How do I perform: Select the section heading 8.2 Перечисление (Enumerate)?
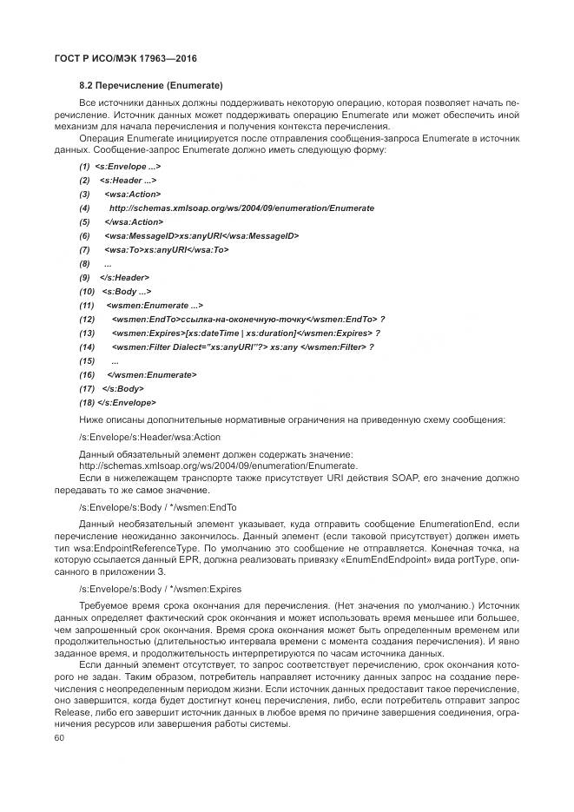pyautogui.click(x=152, y=85)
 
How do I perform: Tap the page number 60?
pyautogui.click(x=59, y=737)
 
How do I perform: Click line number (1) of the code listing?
pyautogui.click(x=84, y=167)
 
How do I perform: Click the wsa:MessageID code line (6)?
pyautogui.click(x=201, y=236)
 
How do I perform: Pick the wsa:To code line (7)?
pyautogui.click(x=167, y=250)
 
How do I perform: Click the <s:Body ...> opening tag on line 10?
pyautogui.click(x=127, y=292)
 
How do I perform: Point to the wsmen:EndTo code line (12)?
pyautogui.click(x=248, y=320)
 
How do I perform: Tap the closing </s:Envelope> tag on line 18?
pyautogui.click(x=128, y=403)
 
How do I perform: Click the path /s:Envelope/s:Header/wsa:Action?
pyautogui.click(x=149, y=437)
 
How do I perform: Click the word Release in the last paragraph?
pyautogui.click(x=95, y=714)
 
